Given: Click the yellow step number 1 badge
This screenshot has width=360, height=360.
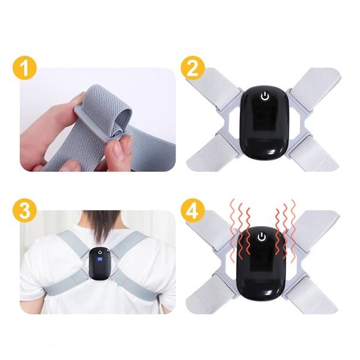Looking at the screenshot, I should coord(23,68).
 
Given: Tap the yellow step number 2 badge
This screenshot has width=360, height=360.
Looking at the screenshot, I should coord(193,68).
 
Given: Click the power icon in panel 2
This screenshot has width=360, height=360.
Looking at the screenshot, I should coord(264,96).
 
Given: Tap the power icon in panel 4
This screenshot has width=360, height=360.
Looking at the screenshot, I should coord(261,237).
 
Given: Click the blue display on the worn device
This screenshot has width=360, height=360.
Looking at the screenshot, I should coord(99,259).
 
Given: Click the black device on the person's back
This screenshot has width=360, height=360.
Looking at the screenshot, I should coord(99,264).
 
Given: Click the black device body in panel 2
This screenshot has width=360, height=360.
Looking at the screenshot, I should coord(264,125).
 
